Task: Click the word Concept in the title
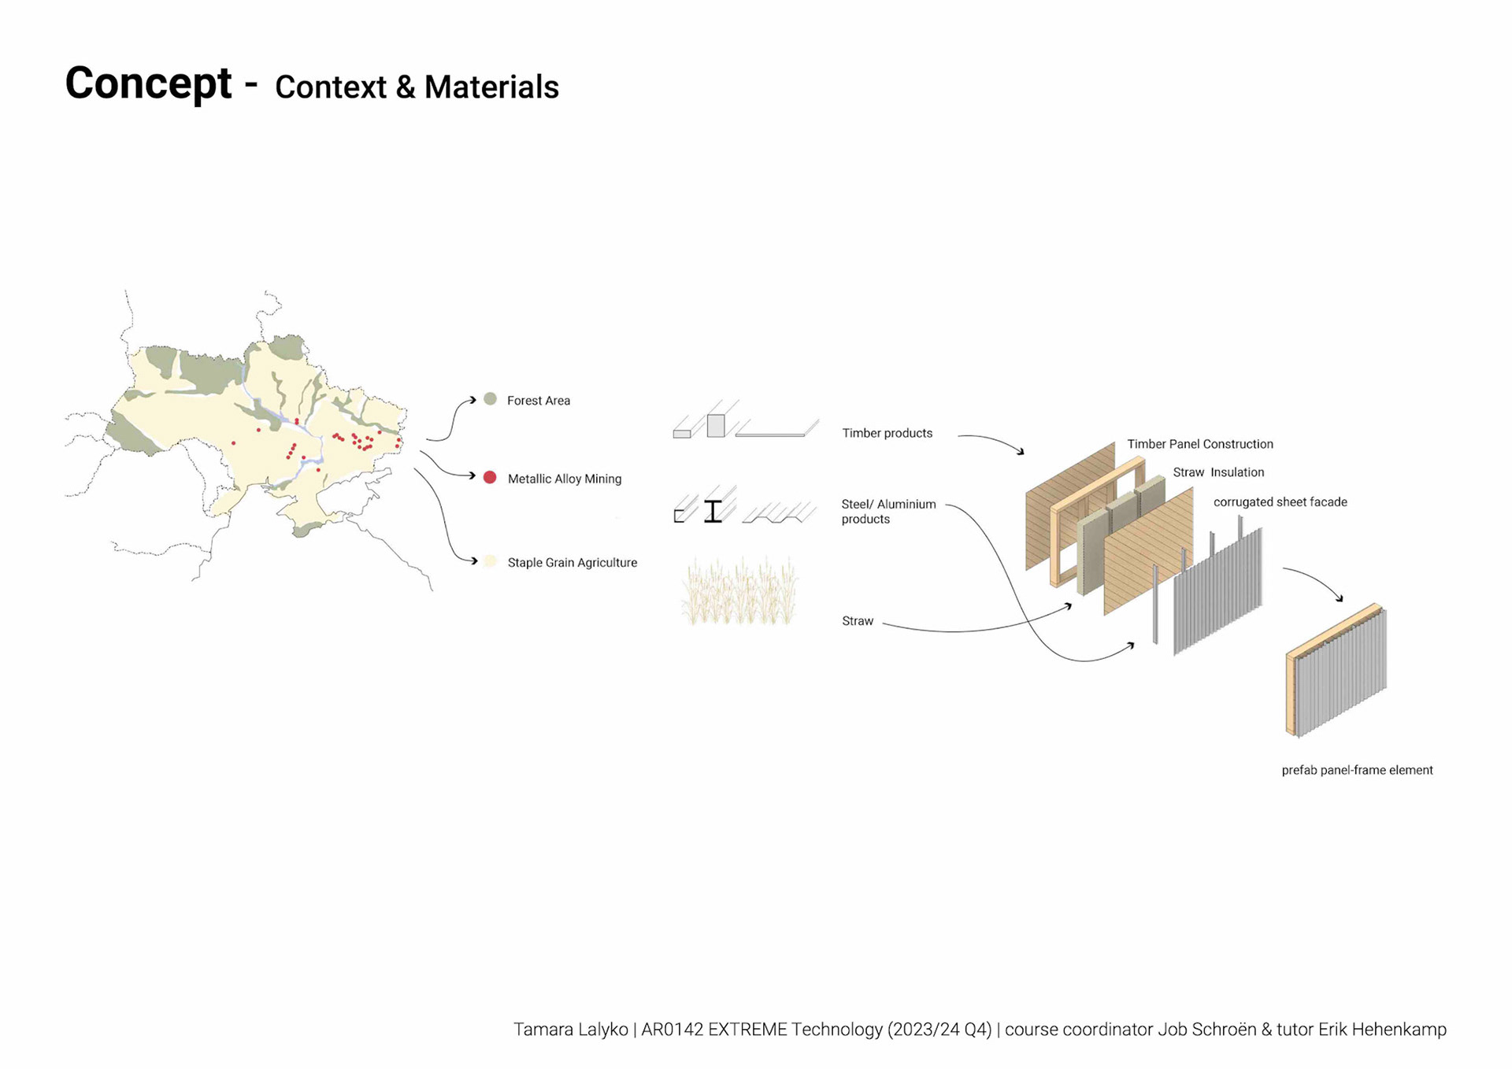pyautogui.click(x=148, y=83)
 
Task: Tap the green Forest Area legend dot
pyautogui.click(x=490, y=399)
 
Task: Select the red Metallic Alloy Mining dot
pyautogui.click(x=490, y=477)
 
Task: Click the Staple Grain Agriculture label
pyautogui.click(x=572, y=562)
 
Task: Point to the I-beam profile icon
pyautogui.click(x=713, y=511)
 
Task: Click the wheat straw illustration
pyautogui.click(x=739, y=592)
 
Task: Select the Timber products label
pyautogui.click(x=887, y=433)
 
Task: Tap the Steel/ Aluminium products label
pyautogui.click(x=888, y=511)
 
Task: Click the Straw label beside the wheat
pyautogui.click(x=857, y=620)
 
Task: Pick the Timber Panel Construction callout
pyautogui.click(x=1199, y=444)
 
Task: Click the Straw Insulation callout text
pyautogui.click(x=1217, y=472)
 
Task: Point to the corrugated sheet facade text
pyautogui.click(x=1280, y=501)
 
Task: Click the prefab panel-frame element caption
pyautogui.click(x=1357, y=770)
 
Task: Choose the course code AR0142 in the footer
pyautogui.click(x=672, y=1029)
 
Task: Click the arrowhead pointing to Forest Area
pyautogui.click(x=472, y=400)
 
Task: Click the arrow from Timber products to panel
pyautogui.click(x=992, y=441)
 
